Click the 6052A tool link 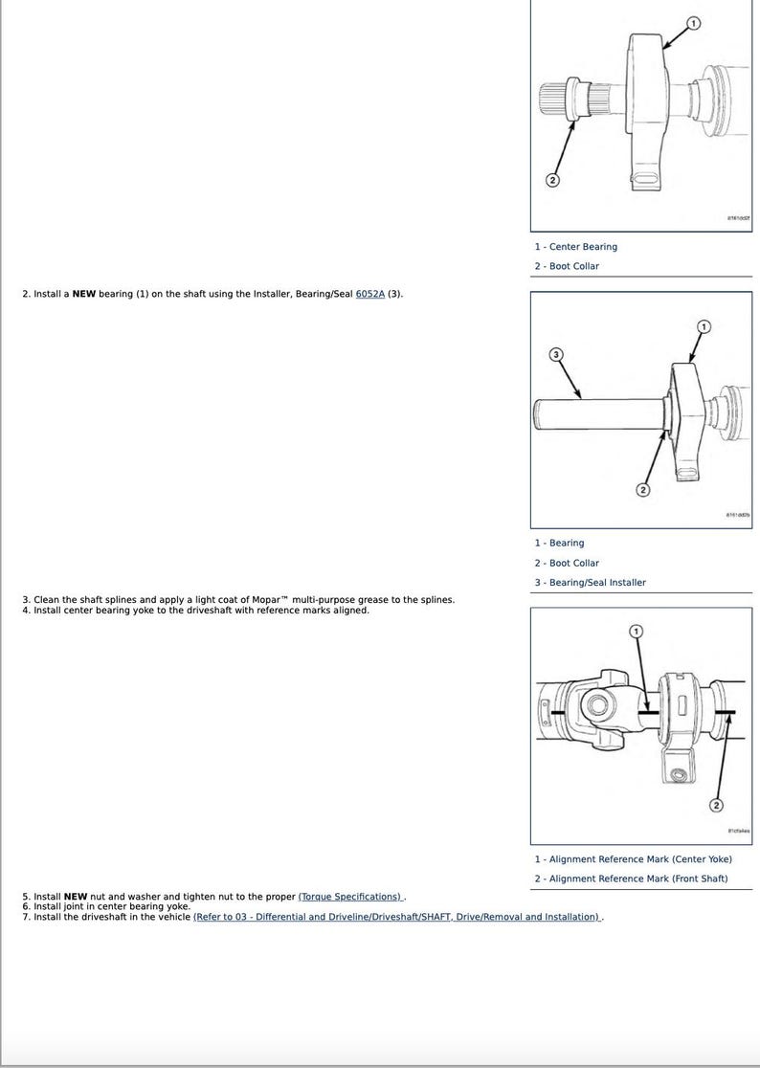[x=369, y=294]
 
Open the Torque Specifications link [x=351, y=897]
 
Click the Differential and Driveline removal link [x=397, y=917]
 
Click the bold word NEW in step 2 [x=84, y=294]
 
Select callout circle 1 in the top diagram [x=694, y=23]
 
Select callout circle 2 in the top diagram [x=552, y=180]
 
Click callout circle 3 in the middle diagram [x=556, y=355]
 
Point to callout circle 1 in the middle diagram [x=704, y=327]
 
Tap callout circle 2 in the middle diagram [x=642, y=491]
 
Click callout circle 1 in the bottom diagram [x=637, y=632]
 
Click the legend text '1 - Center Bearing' [x=576, y=247]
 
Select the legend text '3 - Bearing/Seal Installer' [x=591, y=582]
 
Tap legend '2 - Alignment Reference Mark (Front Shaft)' [x=631, y=879]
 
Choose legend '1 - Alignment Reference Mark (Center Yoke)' [x=633, y=859]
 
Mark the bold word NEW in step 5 [x=76, y=897]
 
